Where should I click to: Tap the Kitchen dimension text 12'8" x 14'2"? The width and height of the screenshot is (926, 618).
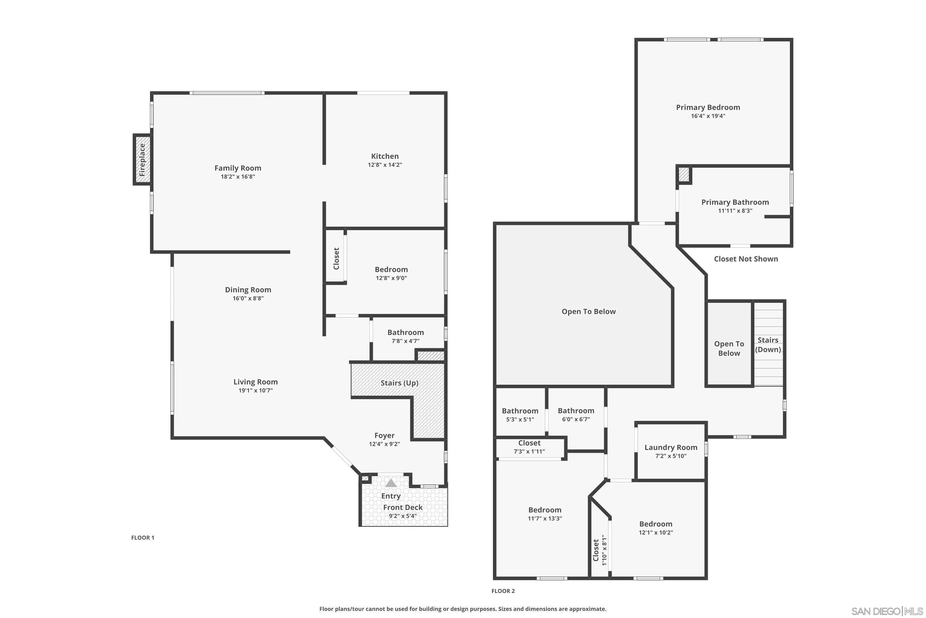tap(385, 165)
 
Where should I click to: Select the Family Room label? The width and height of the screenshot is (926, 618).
tap(237, 168)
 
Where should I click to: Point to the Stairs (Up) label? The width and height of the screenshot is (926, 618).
tap(399, 383)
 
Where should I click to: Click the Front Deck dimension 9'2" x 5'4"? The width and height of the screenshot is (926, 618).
tap(403, 515)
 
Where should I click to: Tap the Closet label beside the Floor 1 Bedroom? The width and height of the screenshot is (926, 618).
tap(336, 259)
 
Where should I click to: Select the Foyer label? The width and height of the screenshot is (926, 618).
tap(384, 435)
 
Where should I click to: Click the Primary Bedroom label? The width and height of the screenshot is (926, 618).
tap(708, 107)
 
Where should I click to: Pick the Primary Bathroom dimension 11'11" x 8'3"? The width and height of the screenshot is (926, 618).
tap(735, 210)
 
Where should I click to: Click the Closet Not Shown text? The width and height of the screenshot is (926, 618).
tap(746, 259)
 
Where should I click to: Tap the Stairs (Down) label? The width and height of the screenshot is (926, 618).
tap(768, 345)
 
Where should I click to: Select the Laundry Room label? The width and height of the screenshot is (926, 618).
tap(670, 447)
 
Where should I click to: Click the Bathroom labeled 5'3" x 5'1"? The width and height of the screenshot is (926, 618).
tap(520, 411)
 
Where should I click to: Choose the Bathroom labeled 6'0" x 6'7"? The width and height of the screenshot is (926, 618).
tap(576, 411)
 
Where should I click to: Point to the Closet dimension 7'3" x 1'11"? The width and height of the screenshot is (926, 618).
tap(529, 451)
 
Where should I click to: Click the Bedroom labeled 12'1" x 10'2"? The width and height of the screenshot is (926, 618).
tap(656, 524)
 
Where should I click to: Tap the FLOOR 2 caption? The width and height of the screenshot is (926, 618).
tap(503, 591)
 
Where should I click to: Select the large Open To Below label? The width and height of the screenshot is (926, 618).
tap(588, 311)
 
